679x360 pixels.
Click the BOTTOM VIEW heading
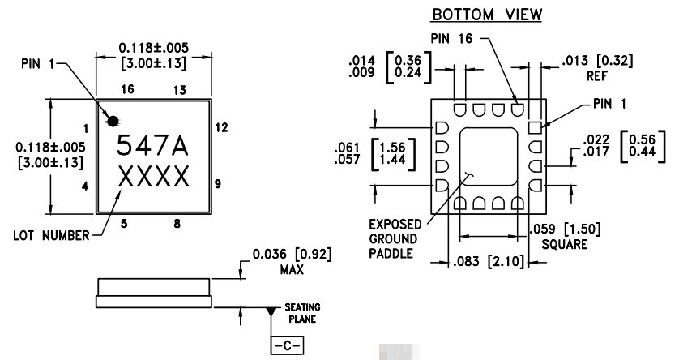(x=480, y=15)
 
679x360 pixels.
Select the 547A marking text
(x=152, y=146)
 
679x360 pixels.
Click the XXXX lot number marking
(x=152, y=176)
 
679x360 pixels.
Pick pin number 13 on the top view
(x=180, y=88)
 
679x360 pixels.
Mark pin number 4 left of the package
(x=85, y=186)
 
